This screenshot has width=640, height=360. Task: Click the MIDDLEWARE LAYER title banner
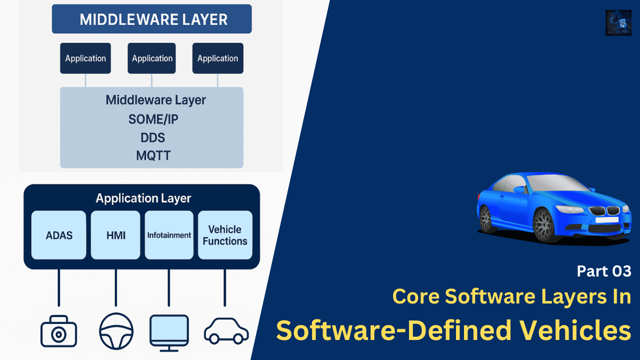click(151, 19)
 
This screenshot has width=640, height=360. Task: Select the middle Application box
click(151, 58)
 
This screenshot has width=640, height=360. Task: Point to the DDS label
click(153, 138)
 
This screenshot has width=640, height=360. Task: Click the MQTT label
click(153, 155)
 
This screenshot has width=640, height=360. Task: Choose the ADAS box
click(59, 235)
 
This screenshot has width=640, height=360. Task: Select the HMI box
click(115, 235)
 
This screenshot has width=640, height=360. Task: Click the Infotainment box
click(169, 235)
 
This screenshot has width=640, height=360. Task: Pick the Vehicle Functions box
click(225, 235)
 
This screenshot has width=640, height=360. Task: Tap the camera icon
click(58, 331)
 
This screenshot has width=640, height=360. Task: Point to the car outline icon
click(226, 331)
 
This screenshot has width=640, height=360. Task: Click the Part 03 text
click(603, 271)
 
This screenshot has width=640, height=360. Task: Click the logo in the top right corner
click(618, 22)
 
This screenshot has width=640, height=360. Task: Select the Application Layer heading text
click(143, 198)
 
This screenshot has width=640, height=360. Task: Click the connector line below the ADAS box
click(59, 287)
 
